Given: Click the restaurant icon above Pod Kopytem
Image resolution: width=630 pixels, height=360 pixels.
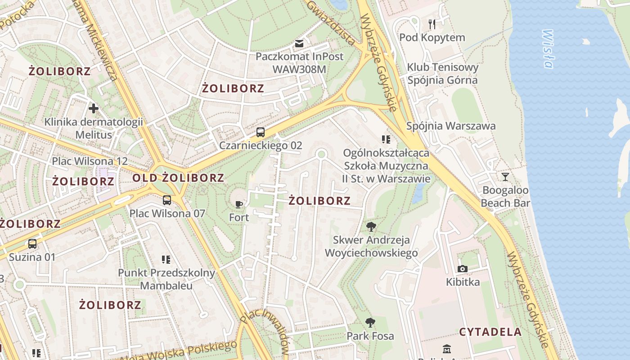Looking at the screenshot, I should pos(432,23).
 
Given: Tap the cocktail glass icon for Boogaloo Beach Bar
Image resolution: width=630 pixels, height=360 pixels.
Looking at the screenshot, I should pos(505,176).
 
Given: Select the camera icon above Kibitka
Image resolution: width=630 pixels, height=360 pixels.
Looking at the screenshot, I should pos(462,269).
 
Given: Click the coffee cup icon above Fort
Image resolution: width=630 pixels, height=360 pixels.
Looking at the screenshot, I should pos(239,204).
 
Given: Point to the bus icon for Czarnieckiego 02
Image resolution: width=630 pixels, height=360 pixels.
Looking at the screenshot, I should pos(261,132).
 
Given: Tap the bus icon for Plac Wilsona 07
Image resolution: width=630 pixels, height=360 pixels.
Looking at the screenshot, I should pos(167,200).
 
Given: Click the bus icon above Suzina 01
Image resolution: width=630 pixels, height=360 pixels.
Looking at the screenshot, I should pos(32,244).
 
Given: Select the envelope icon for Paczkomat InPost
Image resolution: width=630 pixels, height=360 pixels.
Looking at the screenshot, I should pos(299,44).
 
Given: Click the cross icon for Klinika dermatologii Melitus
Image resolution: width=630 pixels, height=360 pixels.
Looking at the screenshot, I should pos(94,108).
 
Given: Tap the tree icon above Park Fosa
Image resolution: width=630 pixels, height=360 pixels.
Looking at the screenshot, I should pos(370,322).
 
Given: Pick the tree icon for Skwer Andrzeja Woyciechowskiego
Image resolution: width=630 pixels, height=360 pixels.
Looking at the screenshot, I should pos(371,226).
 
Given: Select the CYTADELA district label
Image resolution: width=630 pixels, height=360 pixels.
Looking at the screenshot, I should pos(490,332).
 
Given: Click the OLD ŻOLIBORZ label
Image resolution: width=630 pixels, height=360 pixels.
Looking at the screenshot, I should pos(178,178).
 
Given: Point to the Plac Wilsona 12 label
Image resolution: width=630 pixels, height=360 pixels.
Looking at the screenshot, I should pos(90,161).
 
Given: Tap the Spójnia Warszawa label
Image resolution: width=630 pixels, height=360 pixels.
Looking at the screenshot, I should pos(451,126).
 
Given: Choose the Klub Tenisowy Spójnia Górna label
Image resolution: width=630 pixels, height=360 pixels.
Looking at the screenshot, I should pos(442,74).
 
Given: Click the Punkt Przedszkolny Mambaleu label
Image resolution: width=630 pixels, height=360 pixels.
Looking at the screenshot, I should pos(166,279).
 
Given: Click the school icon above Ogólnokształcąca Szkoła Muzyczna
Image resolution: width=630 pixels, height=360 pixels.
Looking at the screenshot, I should pos(386,139).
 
